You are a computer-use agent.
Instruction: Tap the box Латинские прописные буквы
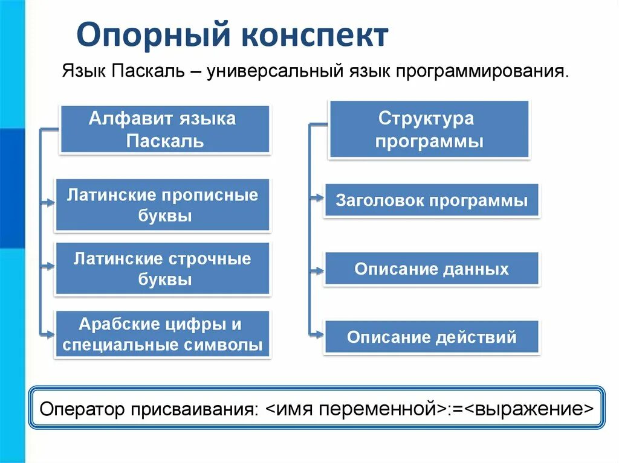[x=163, y=205]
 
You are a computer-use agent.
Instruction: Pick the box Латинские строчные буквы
[x=163, y=269]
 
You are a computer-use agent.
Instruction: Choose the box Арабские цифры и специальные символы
[x=163, y=334]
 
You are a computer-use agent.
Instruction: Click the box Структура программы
[x=429, y=129]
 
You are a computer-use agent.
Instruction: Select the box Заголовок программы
[x=432, y=200]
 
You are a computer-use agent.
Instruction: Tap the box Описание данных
[x=432, y=269]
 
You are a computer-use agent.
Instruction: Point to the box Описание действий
[x=432, y=337]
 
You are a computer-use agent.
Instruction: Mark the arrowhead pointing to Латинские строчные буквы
[x=50, y=266]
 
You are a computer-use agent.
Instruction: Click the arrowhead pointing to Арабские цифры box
[x=50, y=332]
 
